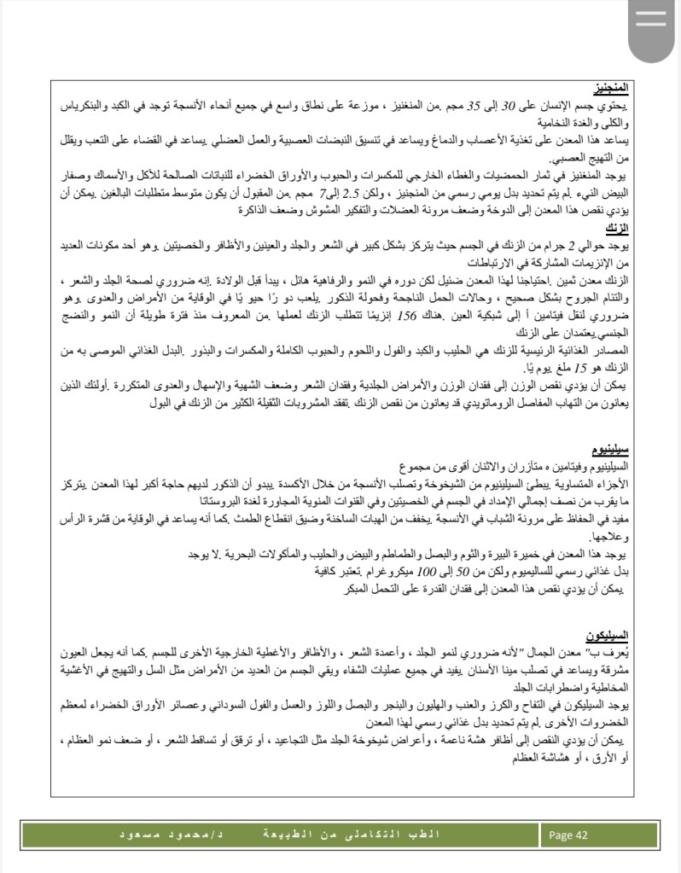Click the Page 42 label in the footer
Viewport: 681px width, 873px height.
pyautogui.click(x=569, y=835)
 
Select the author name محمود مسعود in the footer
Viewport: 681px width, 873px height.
pyautogui.click(x=167, y=835)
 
